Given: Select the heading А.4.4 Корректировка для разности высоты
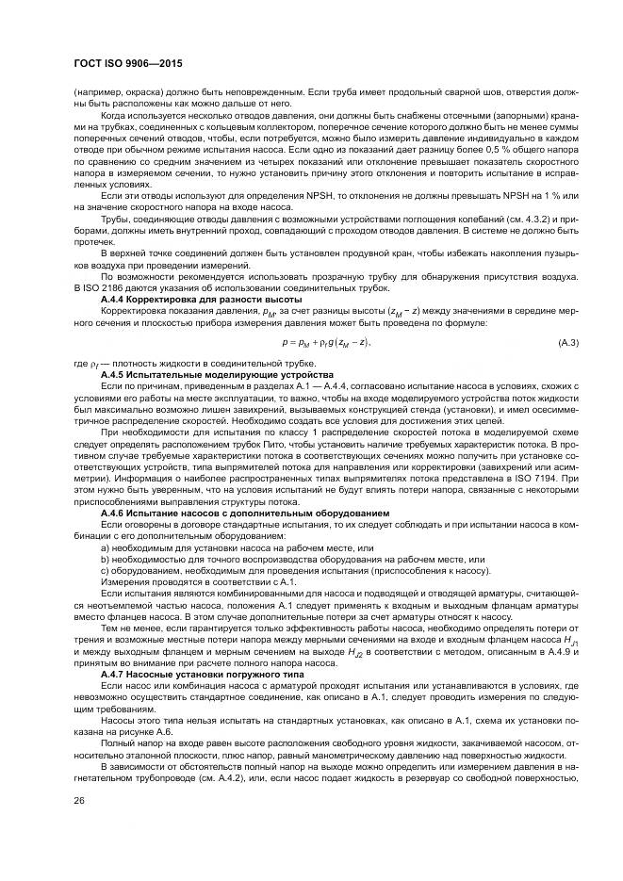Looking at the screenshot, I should pyautogui.click(x=181, y=298).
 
